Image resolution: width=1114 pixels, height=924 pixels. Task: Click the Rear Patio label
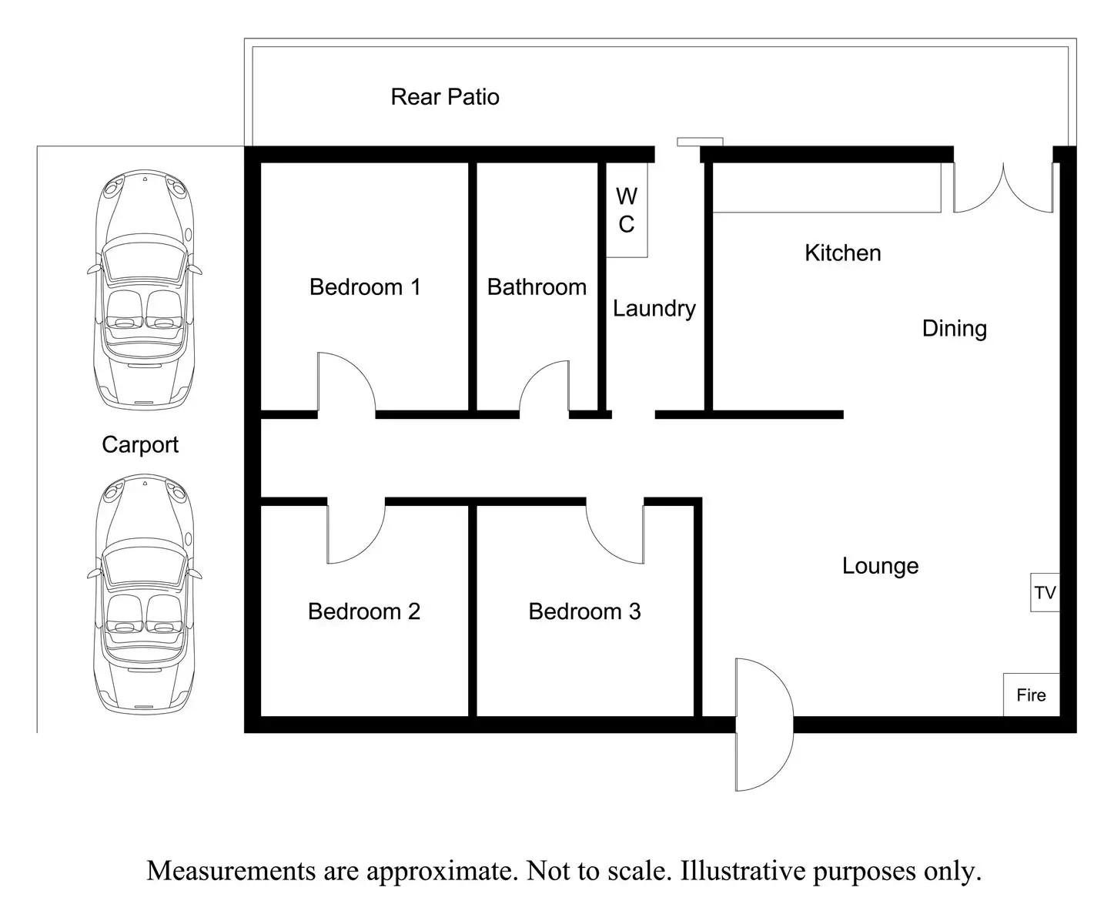point(445,97)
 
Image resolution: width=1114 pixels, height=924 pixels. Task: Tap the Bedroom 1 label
point(365,287)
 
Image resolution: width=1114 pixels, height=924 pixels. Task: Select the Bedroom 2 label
point(364,611)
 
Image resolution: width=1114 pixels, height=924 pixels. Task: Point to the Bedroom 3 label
point(584,611)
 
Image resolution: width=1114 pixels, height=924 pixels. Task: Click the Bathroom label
point(537,287)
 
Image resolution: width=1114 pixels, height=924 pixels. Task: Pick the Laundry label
point(654,309)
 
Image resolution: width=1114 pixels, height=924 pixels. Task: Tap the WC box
point(627,209)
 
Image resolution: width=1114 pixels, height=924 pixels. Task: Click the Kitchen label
point(843,253)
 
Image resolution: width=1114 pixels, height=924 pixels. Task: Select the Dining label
point(955,329)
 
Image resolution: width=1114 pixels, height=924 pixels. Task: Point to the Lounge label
point(880,567)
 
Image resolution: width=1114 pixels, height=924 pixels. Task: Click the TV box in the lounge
point(1045,592)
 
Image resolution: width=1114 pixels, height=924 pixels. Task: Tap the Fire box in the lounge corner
point(1032,695)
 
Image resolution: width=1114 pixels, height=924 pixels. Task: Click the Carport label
point(140,445)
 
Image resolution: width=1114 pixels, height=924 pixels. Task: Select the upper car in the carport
point(145,290)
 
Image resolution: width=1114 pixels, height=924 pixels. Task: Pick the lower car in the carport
point(145,594)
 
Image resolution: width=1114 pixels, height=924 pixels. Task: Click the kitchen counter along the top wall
point(827,187)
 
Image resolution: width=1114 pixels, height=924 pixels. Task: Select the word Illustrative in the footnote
point(743,871)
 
